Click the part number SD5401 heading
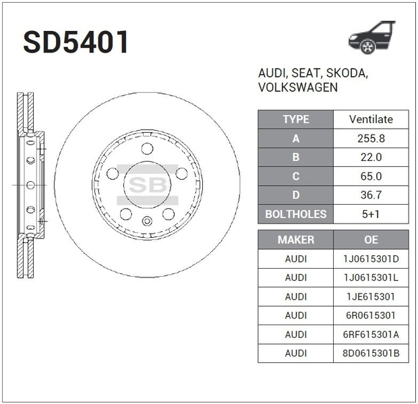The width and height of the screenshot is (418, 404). [x=76, y=42]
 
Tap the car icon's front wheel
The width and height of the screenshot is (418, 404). [x=368, y=46]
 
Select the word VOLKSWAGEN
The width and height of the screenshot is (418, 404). [x=298, y=88]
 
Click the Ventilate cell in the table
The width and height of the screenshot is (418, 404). [x=371, y=119]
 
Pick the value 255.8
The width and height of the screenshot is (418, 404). [x=371, y=139]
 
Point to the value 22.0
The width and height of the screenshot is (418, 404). [x=371, y=158]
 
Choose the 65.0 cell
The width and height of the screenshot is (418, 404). [x=371, y=176]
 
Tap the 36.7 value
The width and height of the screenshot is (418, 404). [x=371, y=195]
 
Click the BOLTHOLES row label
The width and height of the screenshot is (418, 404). [x=296, y=214]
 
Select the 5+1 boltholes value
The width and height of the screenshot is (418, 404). [x=371, y=214]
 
